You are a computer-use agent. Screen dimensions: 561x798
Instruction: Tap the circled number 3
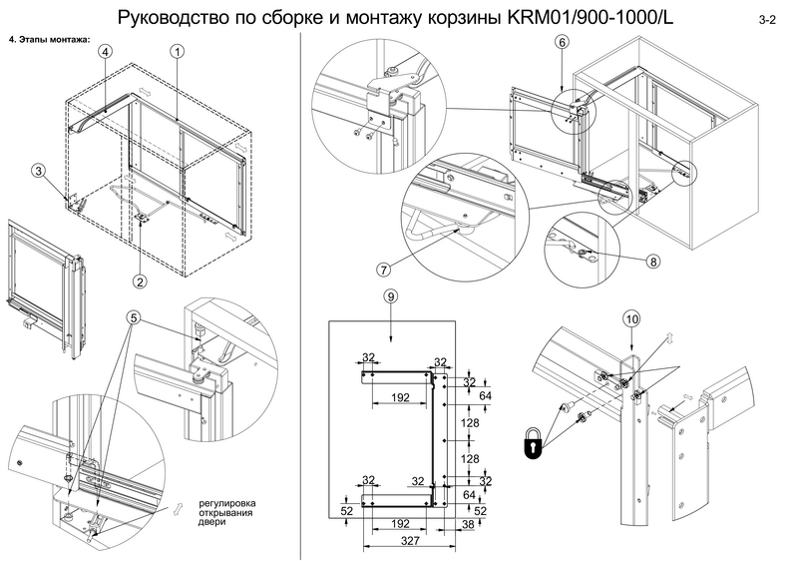[38, 171]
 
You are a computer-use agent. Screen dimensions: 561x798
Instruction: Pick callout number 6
[562, 43]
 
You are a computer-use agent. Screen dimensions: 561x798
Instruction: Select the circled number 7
[383, 269]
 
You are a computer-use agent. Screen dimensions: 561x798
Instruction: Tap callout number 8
[652, 262]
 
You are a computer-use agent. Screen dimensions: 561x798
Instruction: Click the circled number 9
[391, 296]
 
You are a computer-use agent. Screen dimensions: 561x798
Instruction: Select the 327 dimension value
[400, 539]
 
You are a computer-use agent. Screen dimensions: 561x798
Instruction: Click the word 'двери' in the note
[211, 521]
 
